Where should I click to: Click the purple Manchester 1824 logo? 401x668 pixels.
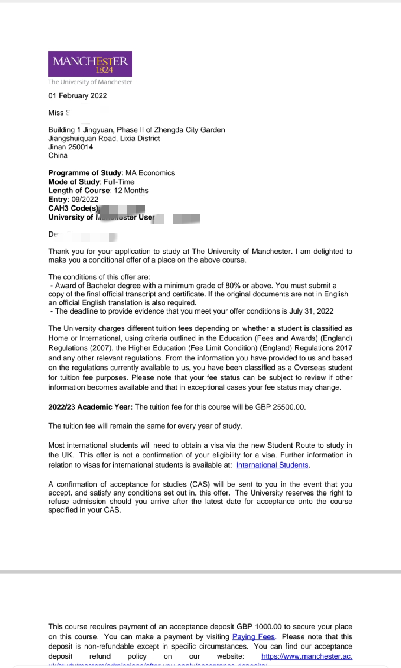[x=90, y=64]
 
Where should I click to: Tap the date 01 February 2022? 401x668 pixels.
[x=78, y=96]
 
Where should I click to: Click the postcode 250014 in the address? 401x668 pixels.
[x=81, y=147]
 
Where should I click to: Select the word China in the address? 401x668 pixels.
[x=58, y=156]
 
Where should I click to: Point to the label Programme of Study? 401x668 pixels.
[x=85, y=173]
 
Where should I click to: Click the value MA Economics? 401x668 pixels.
[x=150, y=173]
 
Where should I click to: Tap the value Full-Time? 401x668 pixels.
[x=119, y=182]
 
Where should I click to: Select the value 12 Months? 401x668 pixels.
[x=131, y=191]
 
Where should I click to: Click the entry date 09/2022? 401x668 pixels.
[x=85, y=200]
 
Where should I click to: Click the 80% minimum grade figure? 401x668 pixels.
[x=233, y=286]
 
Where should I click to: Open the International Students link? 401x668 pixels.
[x=272, y=465]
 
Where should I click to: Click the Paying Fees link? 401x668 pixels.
[x=254, y=637]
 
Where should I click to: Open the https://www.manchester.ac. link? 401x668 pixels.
[x=307, y=656]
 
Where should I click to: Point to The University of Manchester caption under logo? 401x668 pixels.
[x=90, y=82]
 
